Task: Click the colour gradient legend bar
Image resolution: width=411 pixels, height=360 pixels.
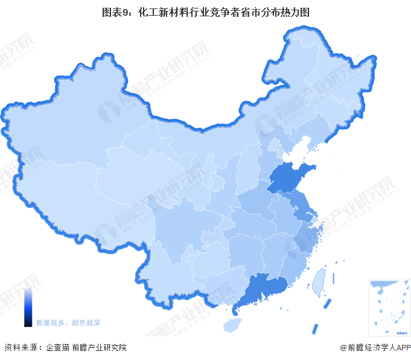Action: pyautogui.click(x=28, y=308)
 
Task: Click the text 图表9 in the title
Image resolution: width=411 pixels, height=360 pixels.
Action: pyautogui.click(x=118, y=11)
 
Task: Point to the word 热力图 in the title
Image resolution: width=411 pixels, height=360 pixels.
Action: pyautogui.click(x=296, y=11)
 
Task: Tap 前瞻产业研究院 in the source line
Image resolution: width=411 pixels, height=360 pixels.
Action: pyautogui.click(x=99, y=347)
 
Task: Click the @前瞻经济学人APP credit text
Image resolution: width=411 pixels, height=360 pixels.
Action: pyautogui.click(x=374, y=347)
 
